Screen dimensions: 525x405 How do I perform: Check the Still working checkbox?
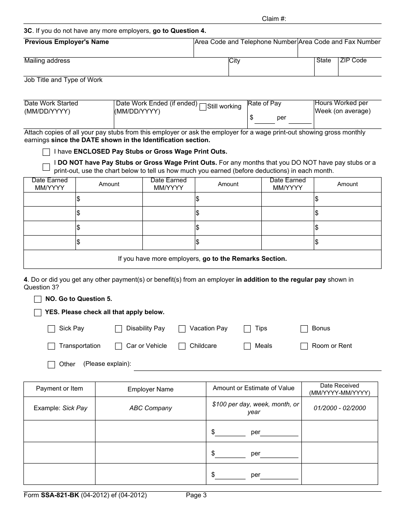pyautogui.click(x=203, y=107)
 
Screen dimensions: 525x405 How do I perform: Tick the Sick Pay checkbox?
pyautogui.click(x=52, y=329)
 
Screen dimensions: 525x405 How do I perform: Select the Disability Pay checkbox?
pyautogui.click(x=119, y=329)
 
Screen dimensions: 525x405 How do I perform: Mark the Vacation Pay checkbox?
pyautogui.click(x=182, y=329)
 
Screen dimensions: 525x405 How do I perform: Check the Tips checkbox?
pyautogui.click(x=247, y=329)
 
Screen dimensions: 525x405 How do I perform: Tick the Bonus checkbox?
pyautogui.click(x=304, y=329)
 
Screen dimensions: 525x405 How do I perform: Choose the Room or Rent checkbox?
pyautogui.click(x=304, y=346)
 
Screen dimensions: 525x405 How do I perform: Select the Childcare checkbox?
pyautogui.click(x=182, y=346)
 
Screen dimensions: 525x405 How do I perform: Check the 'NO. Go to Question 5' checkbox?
pyautogui.click(x=38, y=299)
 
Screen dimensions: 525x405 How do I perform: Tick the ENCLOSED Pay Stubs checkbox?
pyautogui.click(x=46, y=152)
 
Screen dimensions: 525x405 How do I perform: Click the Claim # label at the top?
pyautogui.click(x=274, y=19)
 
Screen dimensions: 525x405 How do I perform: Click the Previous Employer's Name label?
pyautogui.click(x=67, y=42)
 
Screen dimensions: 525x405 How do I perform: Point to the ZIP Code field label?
pyautogui.click(x=353, y=60)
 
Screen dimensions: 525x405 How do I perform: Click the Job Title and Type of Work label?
pyautogui.click(x=63, y=80)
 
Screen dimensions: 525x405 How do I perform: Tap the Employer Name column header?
pyautogui.click(x=150, y=389)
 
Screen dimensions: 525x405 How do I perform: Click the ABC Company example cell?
pyautogui.click(x=150, y=408)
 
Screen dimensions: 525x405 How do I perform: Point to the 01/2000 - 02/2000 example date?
pyautogui.click(x=339, y=408)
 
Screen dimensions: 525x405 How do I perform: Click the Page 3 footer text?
pyautogui.click(x=196, y=495)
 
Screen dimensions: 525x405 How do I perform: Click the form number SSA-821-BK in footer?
pyautogui.click(x=60, y=495)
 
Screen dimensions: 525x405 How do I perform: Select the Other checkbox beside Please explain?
pyautogui.click(x=52, y=365)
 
